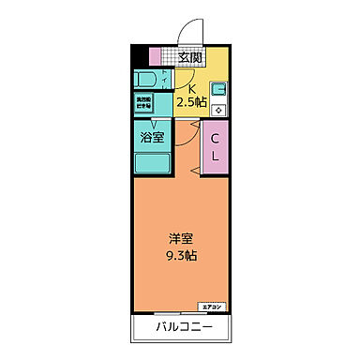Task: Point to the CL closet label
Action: point(215,148)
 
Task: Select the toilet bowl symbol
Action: point(145,78)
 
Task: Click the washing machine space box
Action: point(146,102)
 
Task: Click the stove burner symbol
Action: point(217,109)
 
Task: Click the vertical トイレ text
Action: point(166,79)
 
